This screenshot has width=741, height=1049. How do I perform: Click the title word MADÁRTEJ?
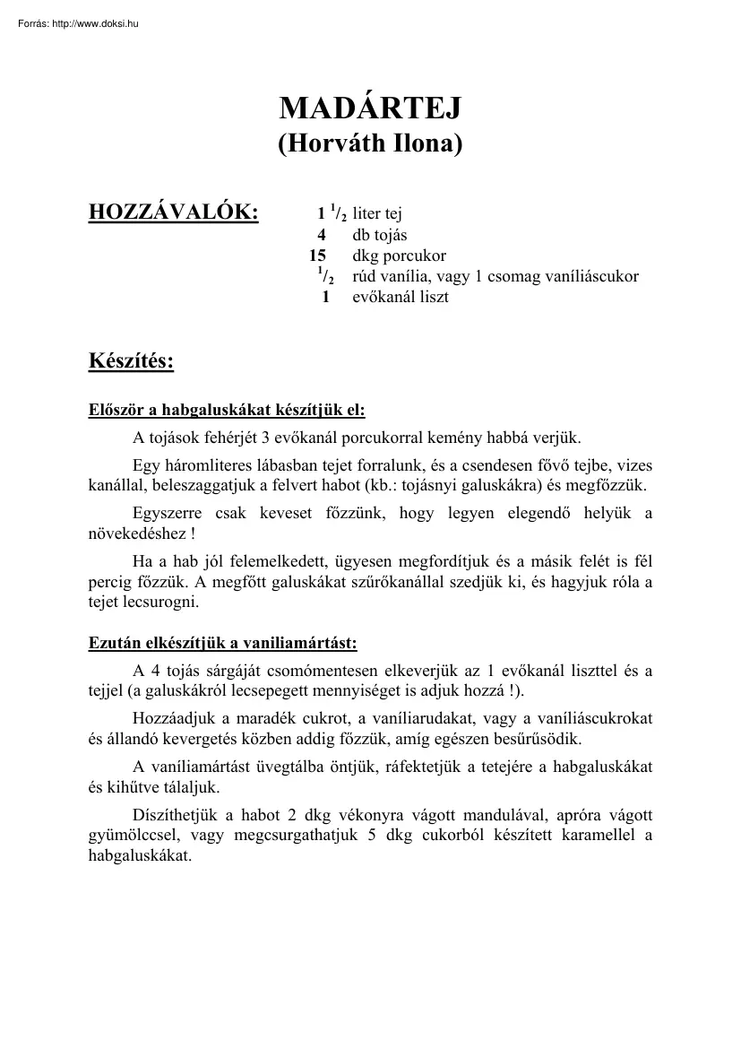click(370, 108)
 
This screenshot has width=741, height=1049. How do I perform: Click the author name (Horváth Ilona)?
click(370, 143)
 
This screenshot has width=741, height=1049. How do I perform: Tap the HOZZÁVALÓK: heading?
click(173, 212)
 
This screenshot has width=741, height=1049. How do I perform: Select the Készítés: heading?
click(131, 361)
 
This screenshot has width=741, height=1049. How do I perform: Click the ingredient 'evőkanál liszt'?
click(400, 297)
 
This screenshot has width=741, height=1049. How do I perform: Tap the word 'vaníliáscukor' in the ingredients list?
click(596, 276)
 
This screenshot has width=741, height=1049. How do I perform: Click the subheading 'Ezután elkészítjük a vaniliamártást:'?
click(222, 643)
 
